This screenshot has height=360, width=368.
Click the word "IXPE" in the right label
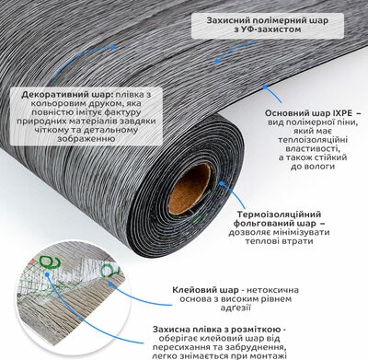[340, 113]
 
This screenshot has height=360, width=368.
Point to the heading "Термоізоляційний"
[280, 214]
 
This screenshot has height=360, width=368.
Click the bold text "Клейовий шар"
[205, 290]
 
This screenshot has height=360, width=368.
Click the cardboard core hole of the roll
[190, 189]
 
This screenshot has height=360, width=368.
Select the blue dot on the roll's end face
[221, 183]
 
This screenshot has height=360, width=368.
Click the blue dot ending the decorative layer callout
[112, 48]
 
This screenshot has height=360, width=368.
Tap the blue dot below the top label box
[217, 61]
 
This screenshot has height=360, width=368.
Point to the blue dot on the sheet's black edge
[264, 87]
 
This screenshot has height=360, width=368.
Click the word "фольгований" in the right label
[262, 223]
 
